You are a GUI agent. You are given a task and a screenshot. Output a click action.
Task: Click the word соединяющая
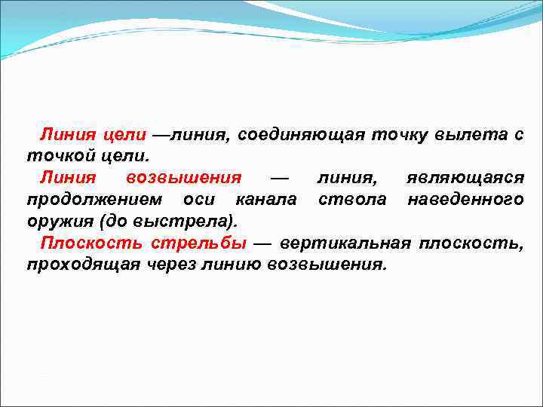pos(302,135)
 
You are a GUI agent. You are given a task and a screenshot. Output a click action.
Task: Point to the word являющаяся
pos(465,178)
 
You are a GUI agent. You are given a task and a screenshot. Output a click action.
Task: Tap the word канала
pos(266,200)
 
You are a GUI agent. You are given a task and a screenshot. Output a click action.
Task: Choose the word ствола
pos(352,200)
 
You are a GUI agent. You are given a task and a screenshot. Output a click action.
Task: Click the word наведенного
pos(465,200)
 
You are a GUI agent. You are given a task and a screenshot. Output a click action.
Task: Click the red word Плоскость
pos(91,243)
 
